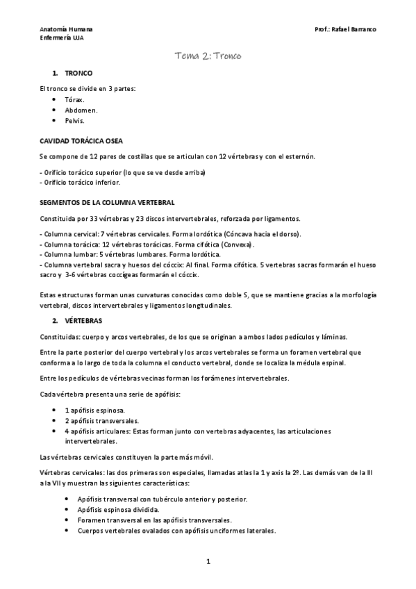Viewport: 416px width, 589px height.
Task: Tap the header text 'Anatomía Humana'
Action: click(66, 31)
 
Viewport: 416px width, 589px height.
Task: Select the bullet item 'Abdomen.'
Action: click(81, 110)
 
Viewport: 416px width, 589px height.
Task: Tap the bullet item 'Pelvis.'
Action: click(74, 120)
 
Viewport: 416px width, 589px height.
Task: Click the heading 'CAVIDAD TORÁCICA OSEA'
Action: click(81, 140)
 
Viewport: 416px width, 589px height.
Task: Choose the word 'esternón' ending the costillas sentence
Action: click(299, 156)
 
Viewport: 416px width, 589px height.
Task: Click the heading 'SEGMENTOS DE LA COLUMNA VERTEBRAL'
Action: click(106, 202)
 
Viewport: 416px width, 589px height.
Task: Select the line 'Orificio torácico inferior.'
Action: click(80, 183)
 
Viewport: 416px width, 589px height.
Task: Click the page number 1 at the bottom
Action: click(208, 561)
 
